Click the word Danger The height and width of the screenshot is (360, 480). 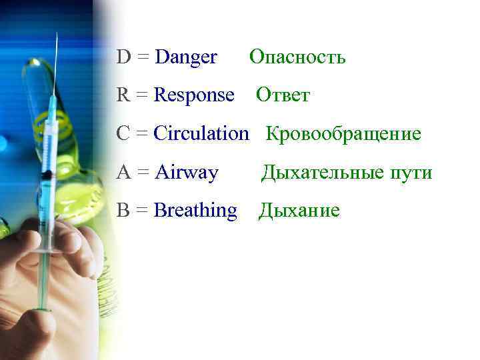(185, 58)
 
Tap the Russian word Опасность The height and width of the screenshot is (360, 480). (297, 58)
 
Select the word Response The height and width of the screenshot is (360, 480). (194, 96)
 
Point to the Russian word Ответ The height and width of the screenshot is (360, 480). (283, 96)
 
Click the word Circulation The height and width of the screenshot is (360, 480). (201, 134)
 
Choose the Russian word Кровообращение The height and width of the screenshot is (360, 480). (344, 134)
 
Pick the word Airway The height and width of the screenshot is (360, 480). (186, 173)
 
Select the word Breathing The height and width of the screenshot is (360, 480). (195, 211)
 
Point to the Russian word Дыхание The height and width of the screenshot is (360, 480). (299, 211)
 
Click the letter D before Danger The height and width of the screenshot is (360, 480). (123, 58)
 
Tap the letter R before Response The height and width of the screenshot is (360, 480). (123, 96)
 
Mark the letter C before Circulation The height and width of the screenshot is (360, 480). (123, 134)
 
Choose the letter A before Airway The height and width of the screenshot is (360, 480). (123, 173)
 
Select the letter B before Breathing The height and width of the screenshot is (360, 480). (123, 211)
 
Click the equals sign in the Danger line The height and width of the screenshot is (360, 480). (143, 59)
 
